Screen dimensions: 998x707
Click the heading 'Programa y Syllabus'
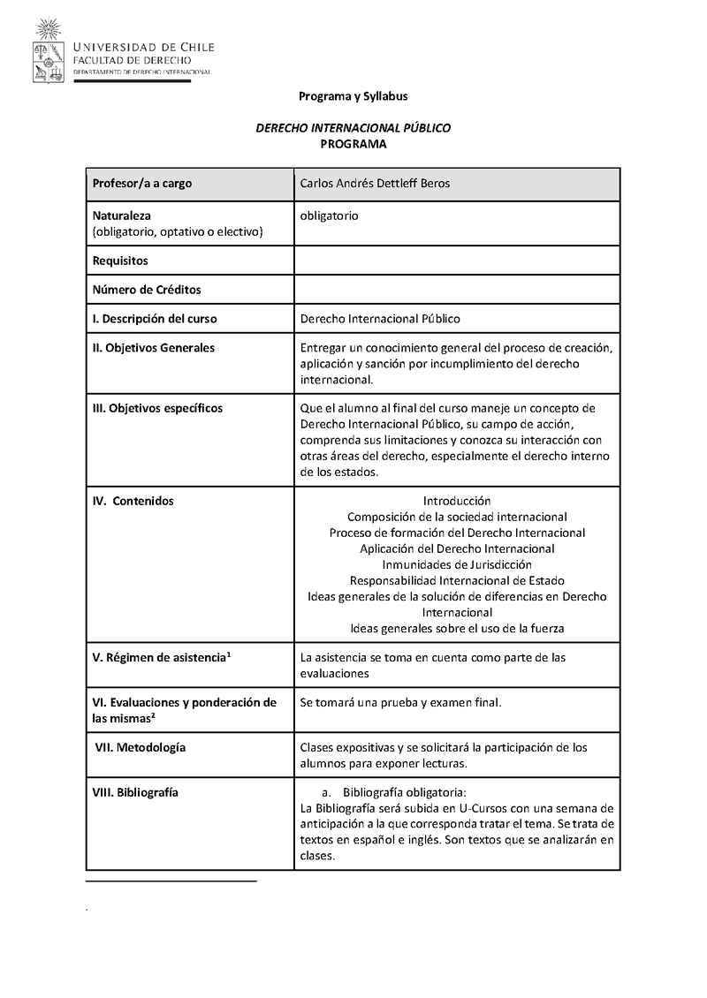[353, 96]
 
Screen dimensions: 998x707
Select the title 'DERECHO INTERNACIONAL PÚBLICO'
[353, 128]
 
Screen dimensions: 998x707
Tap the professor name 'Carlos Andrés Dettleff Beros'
[376, 184]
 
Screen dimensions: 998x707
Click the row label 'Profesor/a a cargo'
[142, 184]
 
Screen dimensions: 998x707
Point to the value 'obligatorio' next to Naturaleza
[329, 215]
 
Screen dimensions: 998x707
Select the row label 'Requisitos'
[120, 261]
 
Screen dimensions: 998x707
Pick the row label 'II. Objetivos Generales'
[154, 348]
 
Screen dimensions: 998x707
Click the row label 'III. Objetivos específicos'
[157, 408]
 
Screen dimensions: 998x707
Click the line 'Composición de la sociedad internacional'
[457, 517]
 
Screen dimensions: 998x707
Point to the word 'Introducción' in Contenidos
[457, 501]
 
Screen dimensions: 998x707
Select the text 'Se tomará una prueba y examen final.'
[400, 703]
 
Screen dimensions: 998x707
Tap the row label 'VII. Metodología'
[141, 747]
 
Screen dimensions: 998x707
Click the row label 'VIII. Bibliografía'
[135, 792]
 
